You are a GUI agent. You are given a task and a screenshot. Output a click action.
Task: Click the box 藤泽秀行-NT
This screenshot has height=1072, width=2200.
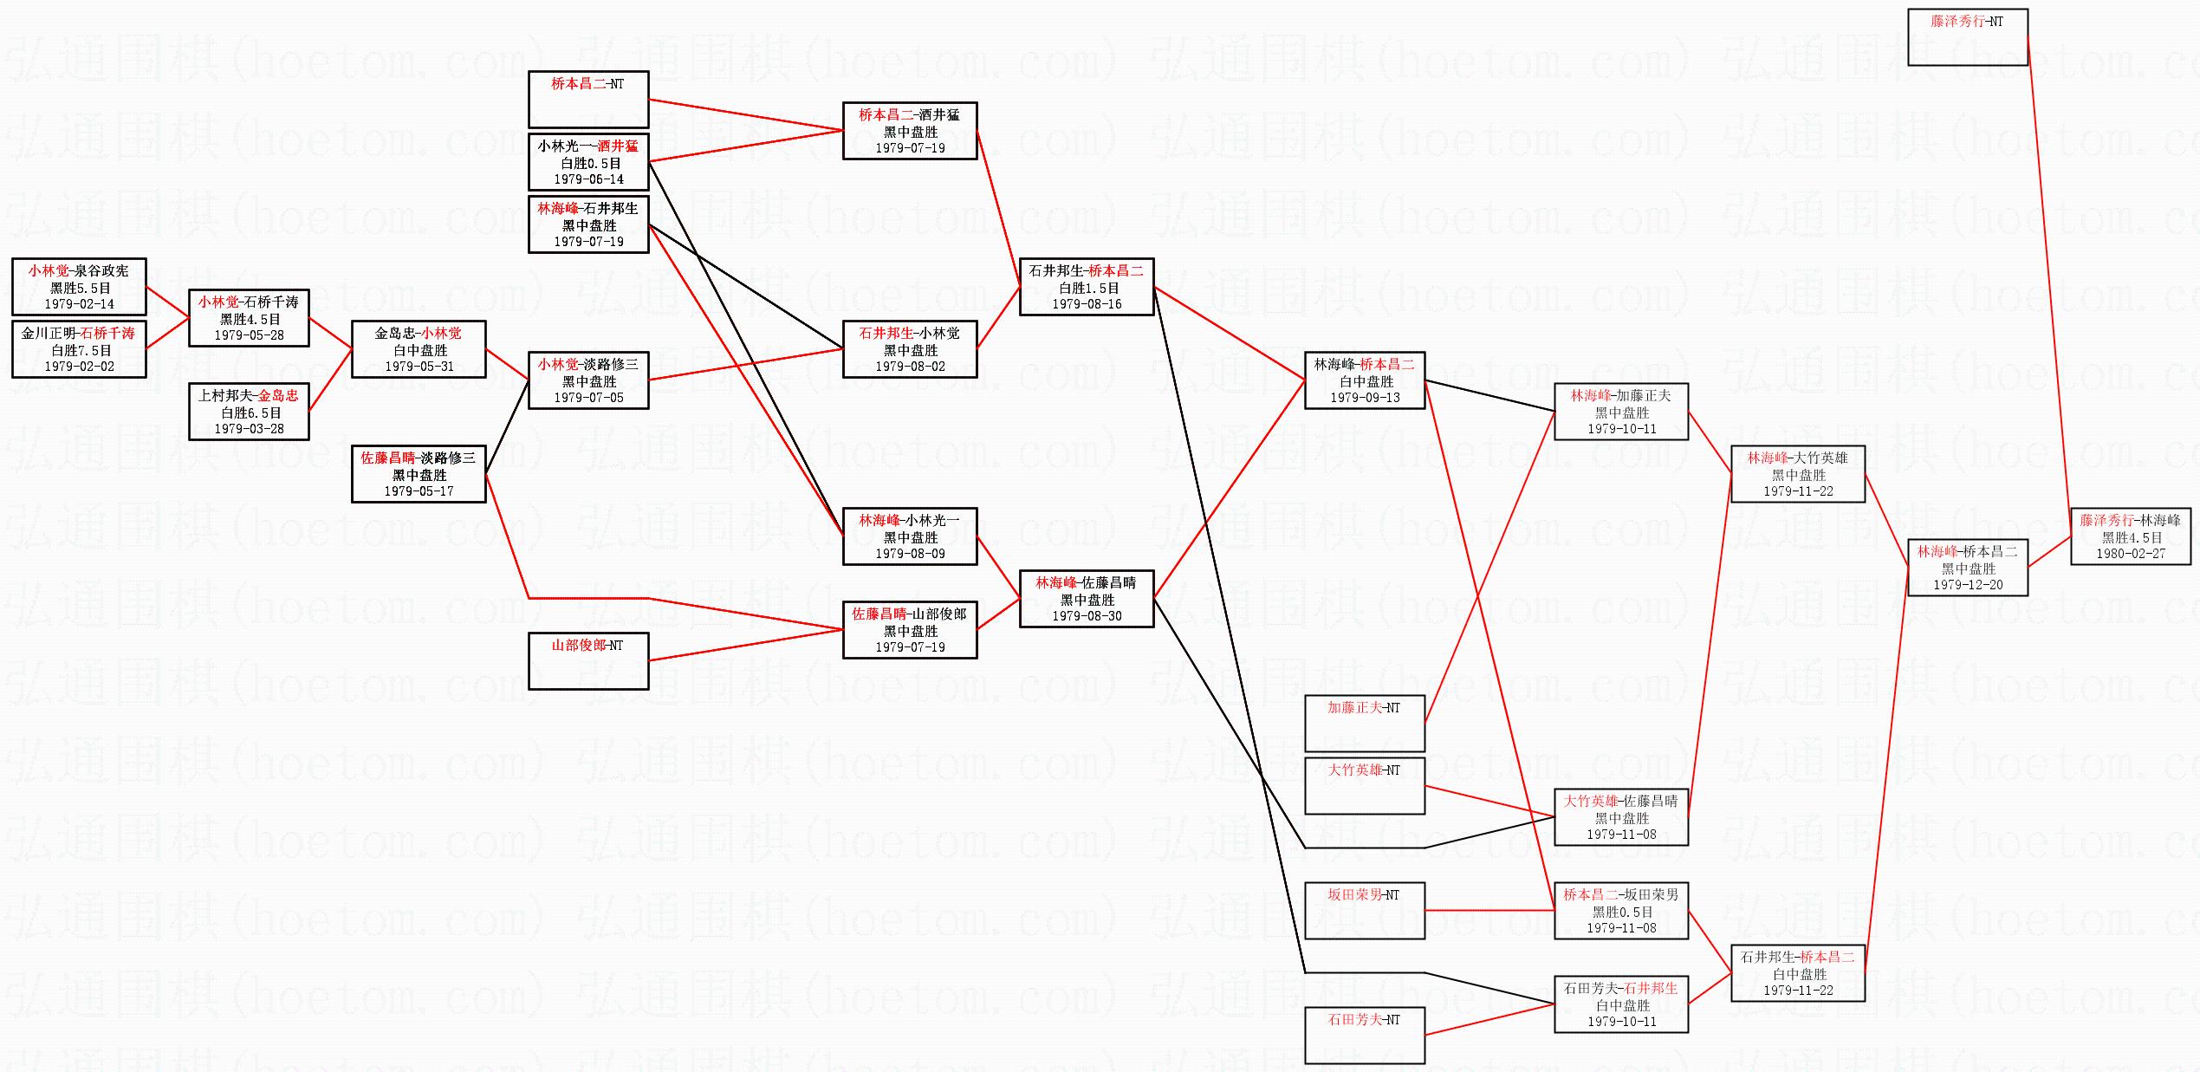click(x=1967, y=36)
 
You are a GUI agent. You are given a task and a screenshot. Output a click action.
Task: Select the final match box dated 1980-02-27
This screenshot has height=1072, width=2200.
click(x=2130, y=537)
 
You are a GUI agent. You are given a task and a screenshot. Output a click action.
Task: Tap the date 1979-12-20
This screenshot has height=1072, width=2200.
click(x=1968, y=585)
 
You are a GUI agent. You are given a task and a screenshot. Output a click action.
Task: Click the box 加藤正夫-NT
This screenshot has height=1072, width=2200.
click(x=1364, y=723)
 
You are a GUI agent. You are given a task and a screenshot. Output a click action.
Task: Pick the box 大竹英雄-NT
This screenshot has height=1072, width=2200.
click(x=1364, y=785)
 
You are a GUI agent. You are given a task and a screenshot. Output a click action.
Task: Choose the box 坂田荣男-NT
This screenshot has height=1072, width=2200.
click(x=1364, y=910)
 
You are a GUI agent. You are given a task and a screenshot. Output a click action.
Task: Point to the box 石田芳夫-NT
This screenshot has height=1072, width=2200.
click(x=1364, y=1035)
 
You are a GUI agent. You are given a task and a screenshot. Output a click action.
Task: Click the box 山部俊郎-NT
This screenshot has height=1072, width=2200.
click(x=588, y=660)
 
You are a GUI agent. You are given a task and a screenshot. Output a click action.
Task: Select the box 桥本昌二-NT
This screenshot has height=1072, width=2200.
click(x=588, y=99)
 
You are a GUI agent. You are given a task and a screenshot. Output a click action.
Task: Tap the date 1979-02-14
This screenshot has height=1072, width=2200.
click(x=79, y=304)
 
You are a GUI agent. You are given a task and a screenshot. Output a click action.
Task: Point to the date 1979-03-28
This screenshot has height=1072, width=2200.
click(x=249, y=429)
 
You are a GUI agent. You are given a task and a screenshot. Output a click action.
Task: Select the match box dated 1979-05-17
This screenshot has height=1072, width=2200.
click(x=419, y=474)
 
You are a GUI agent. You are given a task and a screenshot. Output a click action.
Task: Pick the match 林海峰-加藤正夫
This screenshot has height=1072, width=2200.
click(x=1620, y=396)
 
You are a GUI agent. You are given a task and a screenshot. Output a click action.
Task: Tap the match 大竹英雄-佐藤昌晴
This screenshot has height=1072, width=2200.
click(x=1620, y=802)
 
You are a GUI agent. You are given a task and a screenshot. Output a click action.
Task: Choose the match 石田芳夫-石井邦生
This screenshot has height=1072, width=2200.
click(x=1620, y=989)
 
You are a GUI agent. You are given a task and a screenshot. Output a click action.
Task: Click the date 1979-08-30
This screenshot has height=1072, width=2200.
click(x=1087, y=616)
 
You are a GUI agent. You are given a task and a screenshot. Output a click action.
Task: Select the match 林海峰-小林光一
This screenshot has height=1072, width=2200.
click(x=909, y=521)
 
